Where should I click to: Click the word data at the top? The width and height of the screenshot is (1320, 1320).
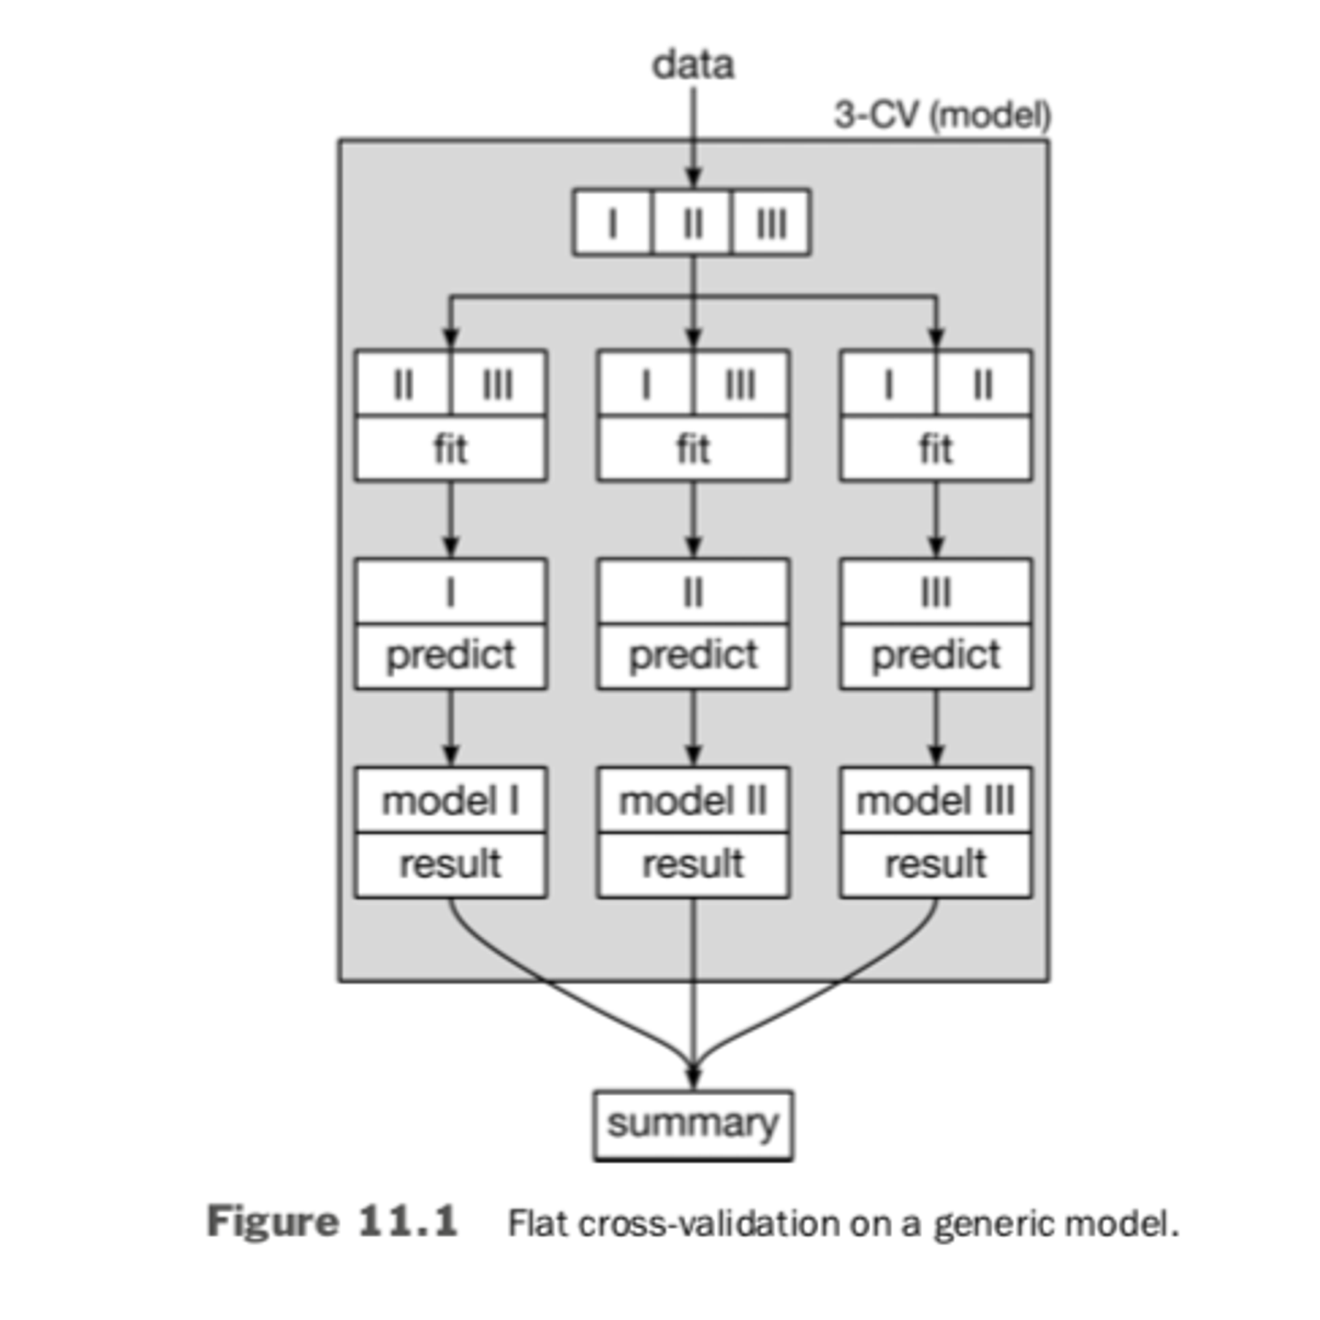[x=692, y=65]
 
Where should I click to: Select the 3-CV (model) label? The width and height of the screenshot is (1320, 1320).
[x=942, y=115]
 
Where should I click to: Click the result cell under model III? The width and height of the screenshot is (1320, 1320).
[x=935, y=864]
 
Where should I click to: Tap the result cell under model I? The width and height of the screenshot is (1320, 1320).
[x=450, y=864]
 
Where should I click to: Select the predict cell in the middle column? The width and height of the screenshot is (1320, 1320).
[x=692, y=655]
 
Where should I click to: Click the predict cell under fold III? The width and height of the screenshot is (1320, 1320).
[x=935, y=655]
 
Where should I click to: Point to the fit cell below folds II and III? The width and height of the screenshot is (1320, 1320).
[x=450, y=448]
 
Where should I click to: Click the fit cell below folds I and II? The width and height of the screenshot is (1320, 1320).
[x=935, y=448]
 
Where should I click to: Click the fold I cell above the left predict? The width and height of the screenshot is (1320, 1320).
[x=450, y=592]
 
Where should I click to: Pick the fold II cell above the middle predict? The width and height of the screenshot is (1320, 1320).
[x=692, y=592]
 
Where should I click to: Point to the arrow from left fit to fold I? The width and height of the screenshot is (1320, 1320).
[x=450, y=519]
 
